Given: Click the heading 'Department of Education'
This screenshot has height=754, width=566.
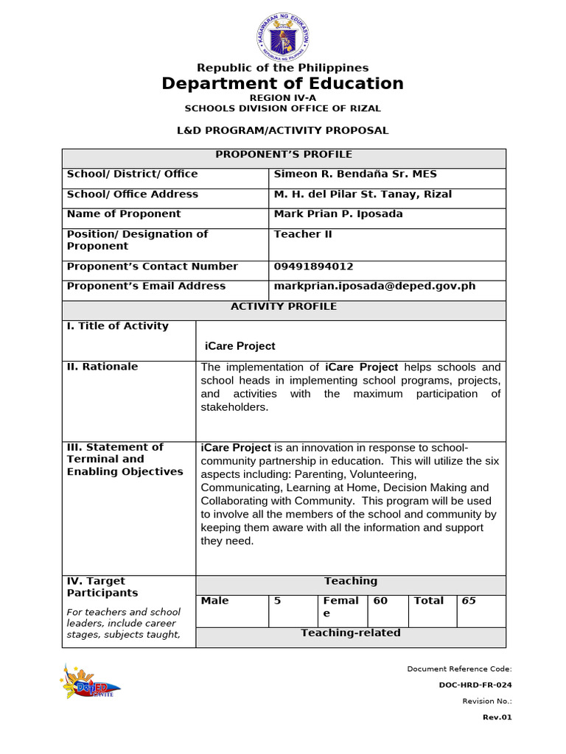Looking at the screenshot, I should pos(283,83).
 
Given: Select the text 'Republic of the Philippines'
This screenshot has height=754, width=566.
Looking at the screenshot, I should pos(283,68).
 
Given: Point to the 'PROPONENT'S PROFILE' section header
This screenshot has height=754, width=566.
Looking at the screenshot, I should pos(284,155).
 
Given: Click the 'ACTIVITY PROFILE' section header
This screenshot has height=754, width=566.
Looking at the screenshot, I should pos(284,306).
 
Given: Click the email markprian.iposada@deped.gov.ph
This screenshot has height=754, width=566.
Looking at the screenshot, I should pos(374,286).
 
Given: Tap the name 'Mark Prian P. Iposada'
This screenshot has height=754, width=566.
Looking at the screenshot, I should pos(338,214).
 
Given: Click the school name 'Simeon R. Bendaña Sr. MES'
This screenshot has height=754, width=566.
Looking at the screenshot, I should pos(355,175).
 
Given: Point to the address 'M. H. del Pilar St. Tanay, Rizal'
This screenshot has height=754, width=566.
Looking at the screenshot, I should pos(363,194).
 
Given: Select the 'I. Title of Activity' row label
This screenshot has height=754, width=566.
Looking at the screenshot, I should pos(118,326).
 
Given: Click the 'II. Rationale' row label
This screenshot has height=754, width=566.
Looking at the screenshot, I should pos(102,367).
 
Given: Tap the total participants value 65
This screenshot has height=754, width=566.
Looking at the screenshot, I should pos(469,601).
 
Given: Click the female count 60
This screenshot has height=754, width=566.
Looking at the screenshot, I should pos(380,601).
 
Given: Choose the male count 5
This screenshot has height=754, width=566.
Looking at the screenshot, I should pos(278,601).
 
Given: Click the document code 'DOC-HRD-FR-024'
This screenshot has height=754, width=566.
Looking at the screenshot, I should pos(475,685).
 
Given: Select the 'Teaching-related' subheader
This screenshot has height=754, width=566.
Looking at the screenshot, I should pos(351,633).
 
